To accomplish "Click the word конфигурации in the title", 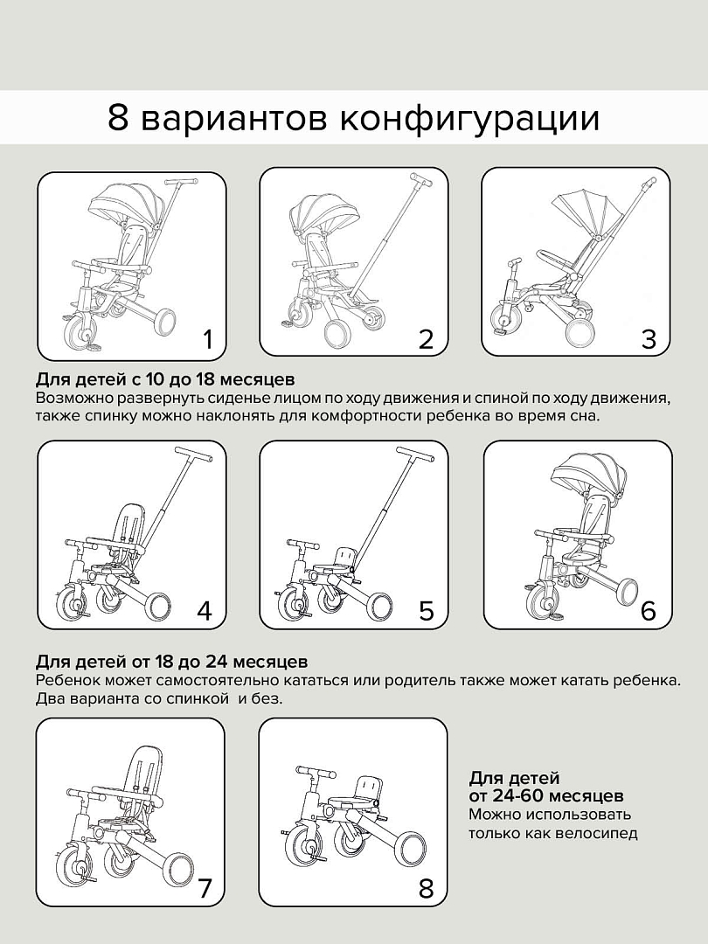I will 469,118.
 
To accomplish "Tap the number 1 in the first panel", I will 207,339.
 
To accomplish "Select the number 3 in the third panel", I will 649,339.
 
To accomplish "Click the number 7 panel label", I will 205,889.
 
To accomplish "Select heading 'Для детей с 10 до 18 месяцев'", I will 165,380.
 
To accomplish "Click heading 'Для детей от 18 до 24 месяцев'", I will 171,661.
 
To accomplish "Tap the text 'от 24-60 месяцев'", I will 545,795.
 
